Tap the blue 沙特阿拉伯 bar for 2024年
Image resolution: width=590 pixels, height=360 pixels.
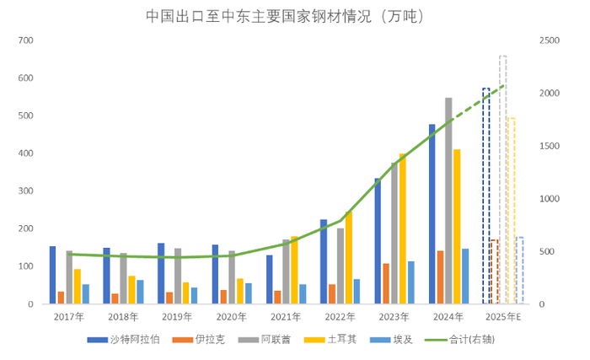pyautogui.click(x=432, y=214)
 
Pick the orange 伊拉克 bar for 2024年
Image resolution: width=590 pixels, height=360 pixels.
pyautogui.click(x=440, y=277)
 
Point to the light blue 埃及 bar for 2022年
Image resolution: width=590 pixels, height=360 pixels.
pyautogui.click(x=357, y=291)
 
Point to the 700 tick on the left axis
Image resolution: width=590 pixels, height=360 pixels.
pyautogui.click(x=25, y=40)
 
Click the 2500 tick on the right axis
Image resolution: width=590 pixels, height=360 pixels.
pyautogui.click(x=549, y=40)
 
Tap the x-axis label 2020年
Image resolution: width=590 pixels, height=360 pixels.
pyautogui.click(x=231, y=317)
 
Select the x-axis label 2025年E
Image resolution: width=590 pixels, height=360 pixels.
pyautogui.click(x=502, y=317)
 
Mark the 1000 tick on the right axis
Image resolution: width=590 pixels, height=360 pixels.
pyautogui.click(x=549, y=199)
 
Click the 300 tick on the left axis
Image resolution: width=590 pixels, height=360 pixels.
pyautogui.click(x=25, y=191)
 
